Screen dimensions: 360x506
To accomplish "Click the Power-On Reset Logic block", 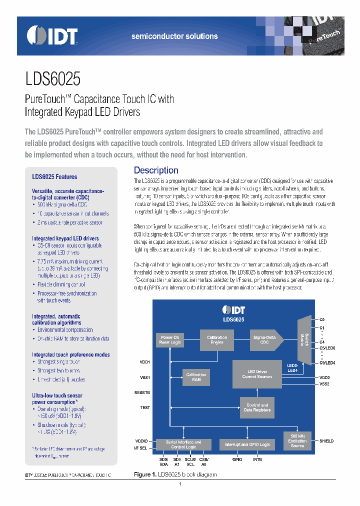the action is pyautogui.click(x=170, y=340).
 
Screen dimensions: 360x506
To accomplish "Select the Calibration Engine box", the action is pyautogui.click(x=216, y=340).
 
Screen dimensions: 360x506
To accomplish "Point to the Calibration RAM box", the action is pyautogui.click(x=196, y=377).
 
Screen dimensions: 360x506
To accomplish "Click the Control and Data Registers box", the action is pyautogui.click(x=257, y=407).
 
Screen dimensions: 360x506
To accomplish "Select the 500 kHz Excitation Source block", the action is pyautogui.click(x=297, y=439).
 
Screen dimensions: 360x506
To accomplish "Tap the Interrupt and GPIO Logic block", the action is pyautogui.click(x=247, y=444).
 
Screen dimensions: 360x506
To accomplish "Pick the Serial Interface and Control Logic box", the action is pyautogui.click(x=183, y=444).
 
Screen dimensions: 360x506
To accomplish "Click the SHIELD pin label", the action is pyautogui.click(x=326, y=441).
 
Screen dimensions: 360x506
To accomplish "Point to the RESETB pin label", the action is pyautogui.click(x=142, y=393).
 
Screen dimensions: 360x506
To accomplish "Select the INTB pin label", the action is pyautogui.click(x=257, y=459).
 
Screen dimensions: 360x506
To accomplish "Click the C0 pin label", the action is pyautogui.click(x=322, y=319).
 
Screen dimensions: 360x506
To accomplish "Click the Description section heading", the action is pyautogui.click(x=156, y=170).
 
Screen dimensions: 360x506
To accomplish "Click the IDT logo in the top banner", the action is pyautogui.click(x=52, y=35).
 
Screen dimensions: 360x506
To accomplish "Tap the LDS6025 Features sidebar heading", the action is pyautogui.click(x=54, y=176).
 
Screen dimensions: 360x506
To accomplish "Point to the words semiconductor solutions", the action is pyautogui.click(x=174, y=36).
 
